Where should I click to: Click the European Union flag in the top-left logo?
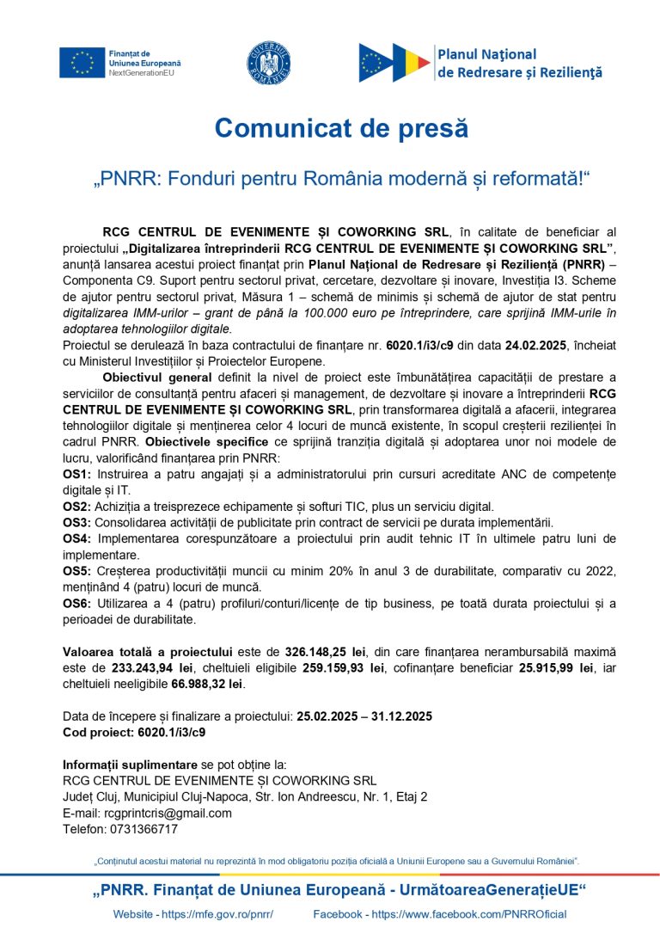point(82,63)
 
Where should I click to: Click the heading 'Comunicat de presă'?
point(341,128)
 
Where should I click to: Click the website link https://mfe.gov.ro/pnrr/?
point(217,914)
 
